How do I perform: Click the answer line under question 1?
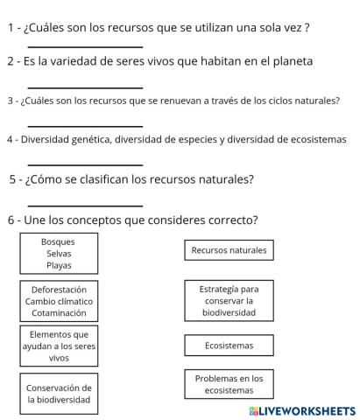click(85, 46)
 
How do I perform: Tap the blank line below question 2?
click(85, 87)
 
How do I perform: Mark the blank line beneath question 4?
click(85, 164)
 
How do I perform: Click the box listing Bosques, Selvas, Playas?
click(59, 254)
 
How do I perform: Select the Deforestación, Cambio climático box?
click(59, 300)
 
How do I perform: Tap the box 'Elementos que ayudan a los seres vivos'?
click(59, 346)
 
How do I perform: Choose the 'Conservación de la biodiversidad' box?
click(59, 394)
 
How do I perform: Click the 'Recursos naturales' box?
click(229, 251)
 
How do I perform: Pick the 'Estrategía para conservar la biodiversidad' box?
click(229, 300)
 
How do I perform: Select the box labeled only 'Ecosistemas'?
click(229, 346)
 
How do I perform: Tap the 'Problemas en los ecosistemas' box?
click(229, 384)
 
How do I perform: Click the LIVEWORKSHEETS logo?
click(302, 410)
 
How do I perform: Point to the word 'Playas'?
click(59, 265)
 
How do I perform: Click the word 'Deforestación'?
click(59, 289)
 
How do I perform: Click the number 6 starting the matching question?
click(11, 220)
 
